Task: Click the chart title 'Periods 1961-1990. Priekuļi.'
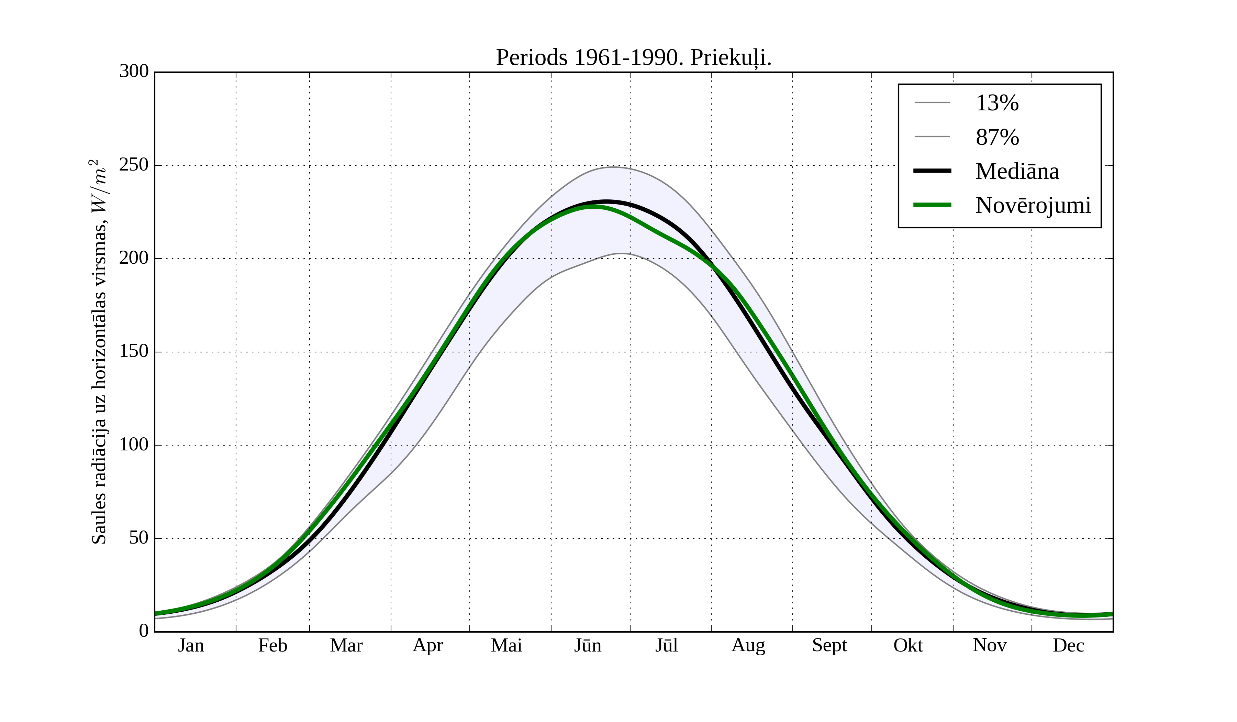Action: (633, 58)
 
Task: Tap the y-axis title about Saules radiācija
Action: (99, 352)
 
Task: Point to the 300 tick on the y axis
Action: (134, 72)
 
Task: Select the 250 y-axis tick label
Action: (134, 165)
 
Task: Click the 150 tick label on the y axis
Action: (134, 352)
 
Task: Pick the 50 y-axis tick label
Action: (138, 538)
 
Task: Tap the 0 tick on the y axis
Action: (144, 631)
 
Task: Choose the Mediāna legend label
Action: (1017, 172)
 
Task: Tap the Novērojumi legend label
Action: (1033, 205)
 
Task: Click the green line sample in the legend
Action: (932, 205)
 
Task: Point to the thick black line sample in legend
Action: (932, 171)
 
